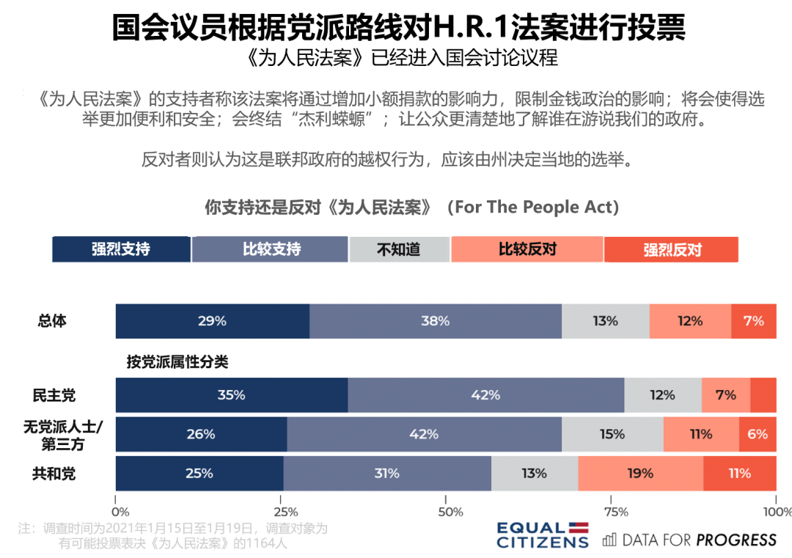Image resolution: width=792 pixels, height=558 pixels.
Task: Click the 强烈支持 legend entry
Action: coord(121,249)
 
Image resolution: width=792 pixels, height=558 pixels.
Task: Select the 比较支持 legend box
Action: coord(270,249)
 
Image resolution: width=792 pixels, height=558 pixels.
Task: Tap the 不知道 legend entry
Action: coord(399,249)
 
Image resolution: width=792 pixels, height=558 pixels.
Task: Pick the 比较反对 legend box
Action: coord(527,249)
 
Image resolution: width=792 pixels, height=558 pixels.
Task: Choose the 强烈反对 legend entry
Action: coord(671,250)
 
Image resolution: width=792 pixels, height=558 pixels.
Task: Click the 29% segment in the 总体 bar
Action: coord(213,321)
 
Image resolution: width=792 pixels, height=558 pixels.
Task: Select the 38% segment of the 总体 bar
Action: coord(436,321)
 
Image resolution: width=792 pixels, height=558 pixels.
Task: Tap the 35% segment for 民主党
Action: coord(232,395)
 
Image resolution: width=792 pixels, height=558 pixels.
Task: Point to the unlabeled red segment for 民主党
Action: coord(763,395)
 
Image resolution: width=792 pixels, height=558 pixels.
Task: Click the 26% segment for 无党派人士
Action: coord(201,434)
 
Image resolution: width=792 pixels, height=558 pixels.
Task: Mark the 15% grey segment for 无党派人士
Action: coord(612,434)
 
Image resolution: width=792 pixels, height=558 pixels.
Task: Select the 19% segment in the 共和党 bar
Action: coord(640,474)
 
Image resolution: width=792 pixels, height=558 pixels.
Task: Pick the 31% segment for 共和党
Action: coord(386,474)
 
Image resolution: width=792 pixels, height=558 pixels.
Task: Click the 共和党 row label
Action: coord(54,474)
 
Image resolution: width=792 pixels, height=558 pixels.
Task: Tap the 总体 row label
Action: coord(52,321)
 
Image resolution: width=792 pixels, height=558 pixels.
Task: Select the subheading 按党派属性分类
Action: coord(177,361)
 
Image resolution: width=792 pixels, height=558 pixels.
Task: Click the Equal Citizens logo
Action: coord(543,535)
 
